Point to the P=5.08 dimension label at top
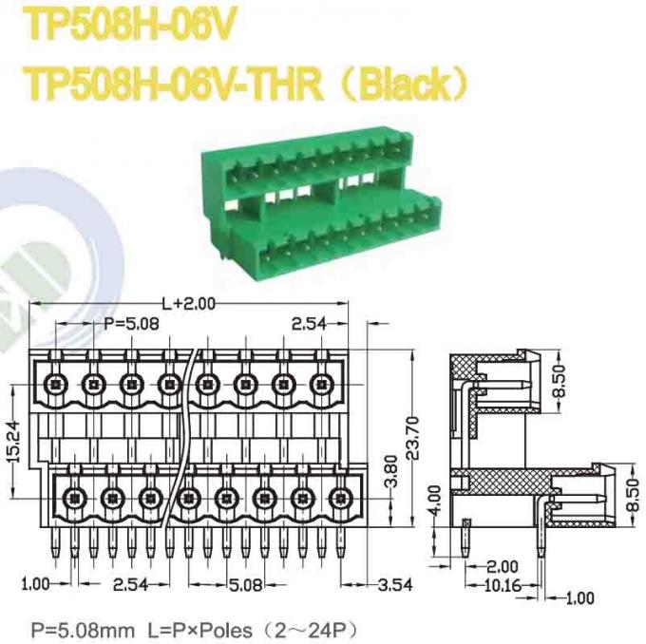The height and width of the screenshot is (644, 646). pos(131,324)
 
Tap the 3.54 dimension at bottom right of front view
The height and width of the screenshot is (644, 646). pos(392,582)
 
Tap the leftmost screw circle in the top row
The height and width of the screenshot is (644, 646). pos(54,384)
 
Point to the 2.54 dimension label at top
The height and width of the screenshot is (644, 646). pos(309,324)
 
